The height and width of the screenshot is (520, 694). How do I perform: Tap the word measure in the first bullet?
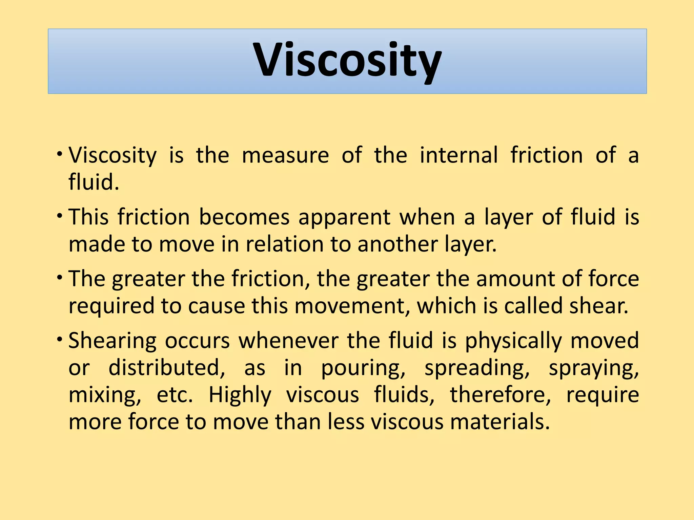click(285, 155)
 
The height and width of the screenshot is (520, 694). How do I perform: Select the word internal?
click(459, 155)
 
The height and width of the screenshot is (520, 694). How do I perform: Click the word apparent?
click(344, 218)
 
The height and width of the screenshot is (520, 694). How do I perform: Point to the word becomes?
click(244, 217)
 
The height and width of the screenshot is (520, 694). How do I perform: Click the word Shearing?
click(113, 341)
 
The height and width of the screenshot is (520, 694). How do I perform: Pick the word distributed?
click(167, 368)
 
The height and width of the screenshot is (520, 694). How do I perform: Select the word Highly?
click(240, 395)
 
